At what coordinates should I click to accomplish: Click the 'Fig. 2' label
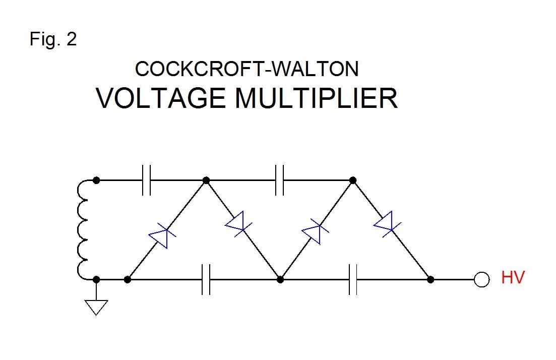coord(53,39)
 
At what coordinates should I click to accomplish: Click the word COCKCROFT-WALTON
coord(247,69)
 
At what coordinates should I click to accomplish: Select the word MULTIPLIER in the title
coord(316,98)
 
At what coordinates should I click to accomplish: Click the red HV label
coord(513,277)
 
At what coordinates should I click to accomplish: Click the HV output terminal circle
coord(482,279)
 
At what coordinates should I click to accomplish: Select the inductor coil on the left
coord(83,229)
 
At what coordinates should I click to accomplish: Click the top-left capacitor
coord(146,180)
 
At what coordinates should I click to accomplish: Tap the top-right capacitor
coord(280,180)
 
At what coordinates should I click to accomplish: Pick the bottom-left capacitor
coord(206,279)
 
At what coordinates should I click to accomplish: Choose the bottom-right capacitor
coord(353,279)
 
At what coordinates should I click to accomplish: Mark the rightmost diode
coord(385,223)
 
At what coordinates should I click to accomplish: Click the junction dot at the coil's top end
coord(96,180)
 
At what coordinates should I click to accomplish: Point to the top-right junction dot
coord(353,180)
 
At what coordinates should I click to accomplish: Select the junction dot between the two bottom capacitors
coord(281,279)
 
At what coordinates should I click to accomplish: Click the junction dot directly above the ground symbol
coord(96,279)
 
